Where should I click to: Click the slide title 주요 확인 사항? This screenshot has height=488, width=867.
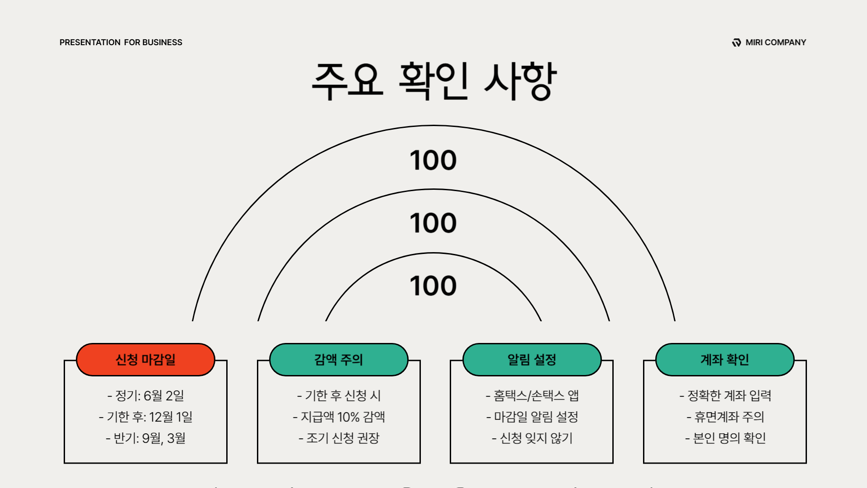point(433,81)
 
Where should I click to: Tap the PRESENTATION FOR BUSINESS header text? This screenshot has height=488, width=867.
point(121,42)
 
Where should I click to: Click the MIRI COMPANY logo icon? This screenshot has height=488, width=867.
point(736,42)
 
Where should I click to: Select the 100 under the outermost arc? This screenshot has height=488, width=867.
point(433,160)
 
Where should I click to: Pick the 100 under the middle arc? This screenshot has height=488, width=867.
point(433,223)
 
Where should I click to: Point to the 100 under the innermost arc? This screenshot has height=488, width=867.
point(433,286)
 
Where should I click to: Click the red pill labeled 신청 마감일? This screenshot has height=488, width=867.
point(145,360)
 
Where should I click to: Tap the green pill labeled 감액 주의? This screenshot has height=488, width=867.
point(339,360)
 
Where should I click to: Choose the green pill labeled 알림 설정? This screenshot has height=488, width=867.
point(532,360)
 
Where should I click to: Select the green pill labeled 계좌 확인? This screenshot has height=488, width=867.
point(725,360)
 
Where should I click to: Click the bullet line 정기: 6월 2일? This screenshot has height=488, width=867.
point(146,396)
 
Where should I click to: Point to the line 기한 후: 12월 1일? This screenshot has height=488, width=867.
point(146,417)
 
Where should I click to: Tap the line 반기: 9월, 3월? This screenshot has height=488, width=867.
point(146,438)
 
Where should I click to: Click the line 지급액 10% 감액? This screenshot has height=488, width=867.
point(339,417)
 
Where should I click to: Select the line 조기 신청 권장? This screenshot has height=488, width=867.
point(339,438)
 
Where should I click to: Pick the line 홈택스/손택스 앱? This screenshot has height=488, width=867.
point(532,396)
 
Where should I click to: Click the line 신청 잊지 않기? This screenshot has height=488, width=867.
point(532,438)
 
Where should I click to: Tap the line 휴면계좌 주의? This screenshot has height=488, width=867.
point(725,417)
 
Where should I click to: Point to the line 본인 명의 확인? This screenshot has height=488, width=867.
point(725,438)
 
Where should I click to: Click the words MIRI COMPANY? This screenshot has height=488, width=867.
point(775,42)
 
